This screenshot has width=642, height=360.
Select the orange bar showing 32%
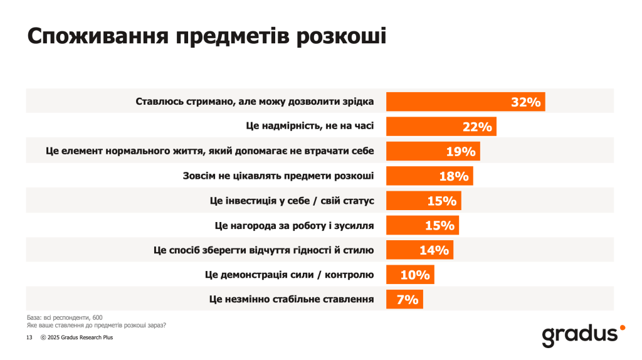click(x=465, y=102)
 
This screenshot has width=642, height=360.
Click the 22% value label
click(x=477, y=127)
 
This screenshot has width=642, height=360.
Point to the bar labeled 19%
click(x=433, y=151)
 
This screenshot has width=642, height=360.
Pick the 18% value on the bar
click(x=454, y=176)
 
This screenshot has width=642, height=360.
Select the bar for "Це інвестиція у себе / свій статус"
click(x=423, y=201)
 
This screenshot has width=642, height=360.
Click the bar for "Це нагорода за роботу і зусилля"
click(x=422, y=225)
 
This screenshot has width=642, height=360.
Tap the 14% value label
click(x=434, y=250)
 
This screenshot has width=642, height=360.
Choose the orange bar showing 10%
click(x=409, y=275)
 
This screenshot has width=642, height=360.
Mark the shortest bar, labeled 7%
click(x=404, y=299)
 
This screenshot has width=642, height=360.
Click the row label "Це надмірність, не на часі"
click(x=310, y=126)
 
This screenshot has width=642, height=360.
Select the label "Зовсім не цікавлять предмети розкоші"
click(x=278, y=176)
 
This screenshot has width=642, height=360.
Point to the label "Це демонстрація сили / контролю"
click(x=289, y=275)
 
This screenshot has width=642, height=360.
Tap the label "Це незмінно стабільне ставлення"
click(x=292, y=299)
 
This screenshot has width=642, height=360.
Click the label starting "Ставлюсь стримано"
click(x=255, y=102)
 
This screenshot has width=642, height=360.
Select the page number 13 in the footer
click(x=29, y=337)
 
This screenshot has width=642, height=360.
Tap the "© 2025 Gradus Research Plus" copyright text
click(x=76, y=337)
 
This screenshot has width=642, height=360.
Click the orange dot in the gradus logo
click(x=622, y=327)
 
